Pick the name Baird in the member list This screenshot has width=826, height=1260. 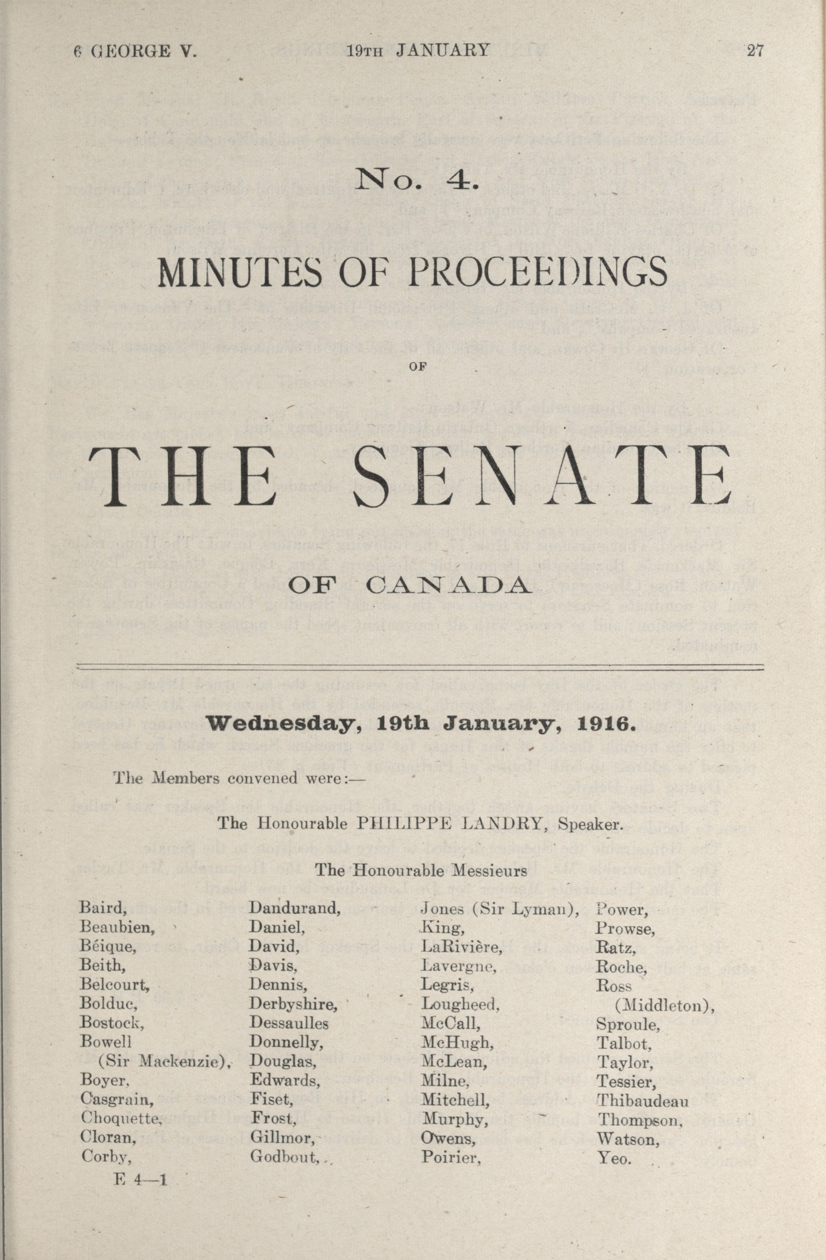[103, 908]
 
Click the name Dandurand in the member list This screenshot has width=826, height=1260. [294, 908]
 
